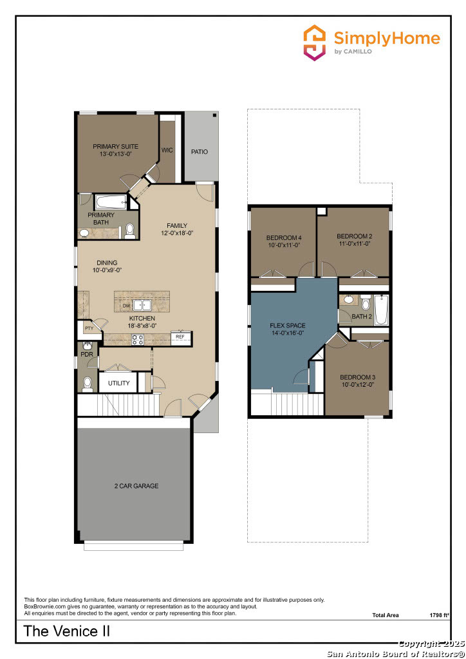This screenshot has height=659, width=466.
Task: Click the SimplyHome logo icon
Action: click(315, 43)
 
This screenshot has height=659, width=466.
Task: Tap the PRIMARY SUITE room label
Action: click(115, 147)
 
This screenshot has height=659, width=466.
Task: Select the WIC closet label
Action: click(167, 150)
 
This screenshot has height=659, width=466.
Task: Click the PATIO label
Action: click(200, 152)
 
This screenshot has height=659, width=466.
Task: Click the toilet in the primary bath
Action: click(130, 230)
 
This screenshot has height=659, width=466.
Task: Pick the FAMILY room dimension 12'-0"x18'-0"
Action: click(177, 234)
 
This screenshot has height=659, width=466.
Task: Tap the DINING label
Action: click(107, 263)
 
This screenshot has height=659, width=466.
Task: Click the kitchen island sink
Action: click(142, 305)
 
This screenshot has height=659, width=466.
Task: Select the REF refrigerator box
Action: click(180, 336)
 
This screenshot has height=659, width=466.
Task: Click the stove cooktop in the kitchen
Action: click(138, 340)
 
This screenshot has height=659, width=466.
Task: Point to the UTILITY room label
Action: click(118, 384)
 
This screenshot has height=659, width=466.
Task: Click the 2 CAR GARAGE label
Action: click(136, 486)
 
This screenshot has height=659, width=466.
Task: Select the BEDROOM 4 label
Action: click(284, 238)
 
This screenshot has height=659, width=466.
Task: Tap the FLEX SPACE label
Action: click(287, 326)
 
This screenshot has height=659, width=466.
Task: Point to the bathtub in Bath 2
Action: click(380, 310)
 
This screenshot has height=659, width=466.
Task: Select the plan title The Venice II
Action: click(67, 631)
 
